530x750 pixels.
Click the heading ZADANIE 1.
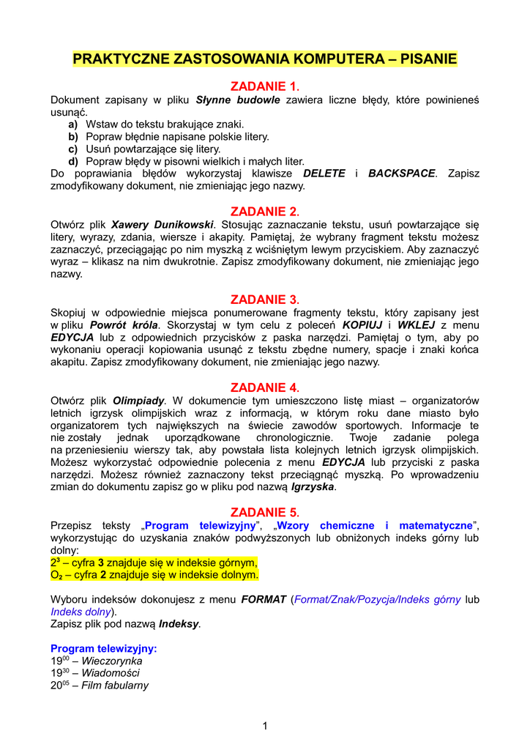(x=265, y=86)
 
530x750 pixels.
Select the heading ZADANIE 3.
(x=265, y=300)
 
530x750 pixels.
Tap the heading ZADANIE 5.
(x=265, y=512)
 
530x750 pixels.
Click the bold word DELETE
(x=324, y=174)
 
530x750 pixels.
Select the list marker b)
(x=73, y=136)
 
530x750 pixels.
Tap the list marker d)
(x=73, y=161)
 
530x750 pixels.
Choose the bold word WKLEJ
(x=416, y=324)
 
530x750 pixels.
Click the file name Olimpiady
(x=138, y=401)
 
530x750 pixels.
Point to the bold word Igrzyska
(x=313, y=487)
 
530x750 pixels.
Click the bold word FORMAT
(x=264, y=599)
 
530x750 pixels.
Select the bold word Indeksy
(x=179, y=624)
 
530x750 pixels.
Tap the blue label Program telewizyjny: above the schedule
(x=103, y=648)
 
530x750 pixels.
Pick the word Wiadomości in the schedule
(x=110, y=673)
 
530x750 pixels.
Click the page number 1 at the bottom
(x=265, y=726)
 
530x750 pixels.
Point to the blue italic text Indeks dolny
(x=81, y=612)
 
